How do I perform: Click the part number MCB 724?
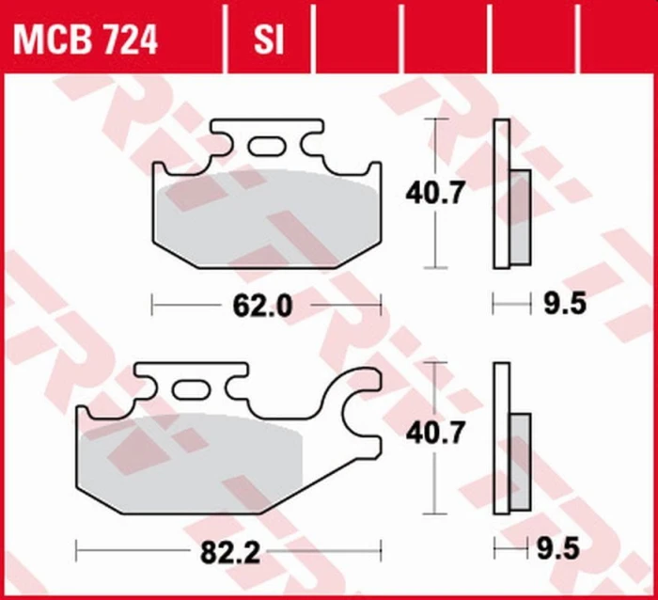click(86, 39)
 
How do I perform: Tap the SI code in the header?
click(269, 39)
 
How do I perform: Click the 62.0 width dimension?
click(262, 306)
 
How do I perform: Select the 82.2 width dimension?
click(230, 552)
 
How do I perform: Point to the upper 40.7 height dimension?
click(435, 193)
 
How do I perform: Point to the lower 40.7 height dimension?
click(435, 433)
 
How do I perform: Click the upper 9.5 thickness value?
click(565, 303)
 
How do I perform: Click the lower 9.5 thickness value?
click(558, 548)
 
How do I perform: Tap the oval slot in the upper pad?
click(267, 146)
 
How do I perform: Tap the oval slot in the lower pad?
click(191, 390)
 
